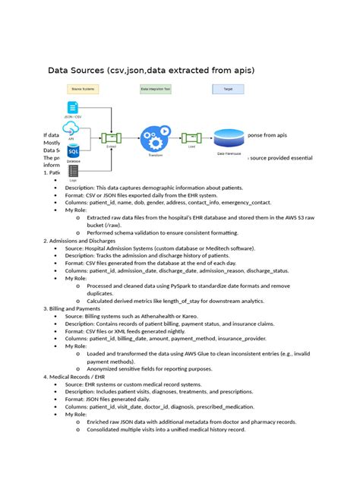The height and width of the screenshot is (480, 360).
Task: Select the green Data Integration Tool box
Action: [156, 89]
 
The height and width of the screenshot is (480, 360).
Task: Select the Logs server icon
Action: [73, 172]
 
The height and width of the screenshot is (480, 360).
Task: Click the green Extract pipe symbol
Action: [112, 137]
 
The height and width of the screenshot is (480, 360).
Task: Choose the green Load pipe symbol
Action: [191, 137]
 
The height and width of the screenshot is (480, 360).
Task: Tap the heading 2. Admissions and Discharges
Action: [89, 240]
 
